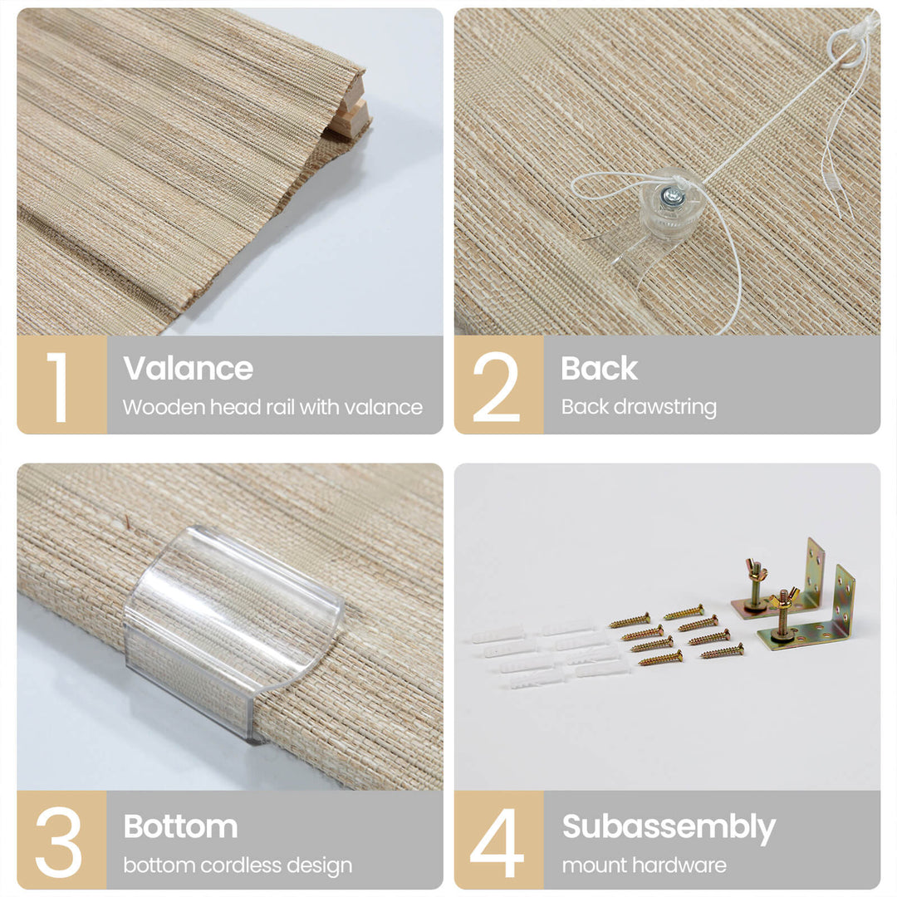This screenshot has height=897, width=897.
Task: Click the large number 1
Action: [x=59, y=387]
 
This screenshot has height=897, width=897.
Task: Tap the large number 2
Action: [x=497, y=387]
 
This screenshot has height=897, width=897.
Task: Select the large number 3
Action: [x=58, y=842]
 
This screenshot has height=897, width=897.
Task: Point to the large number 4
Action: [x=497, y=842]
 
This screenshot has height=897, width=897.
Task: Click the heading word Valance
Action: [x=188, y=368]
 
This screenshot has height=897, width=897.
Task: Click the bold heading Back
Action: [x=599, y=368]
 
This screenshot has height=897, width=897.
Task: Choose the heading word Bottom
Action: [x=180, y=826]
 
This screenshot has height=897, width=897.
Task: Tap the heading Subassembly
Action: [x=669, y=827]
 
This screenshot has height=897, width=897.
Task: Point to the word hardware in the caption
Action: [x=684, y=865]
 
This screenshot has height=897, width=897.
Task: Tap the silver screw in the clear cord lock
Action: [x=673, y=197]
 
